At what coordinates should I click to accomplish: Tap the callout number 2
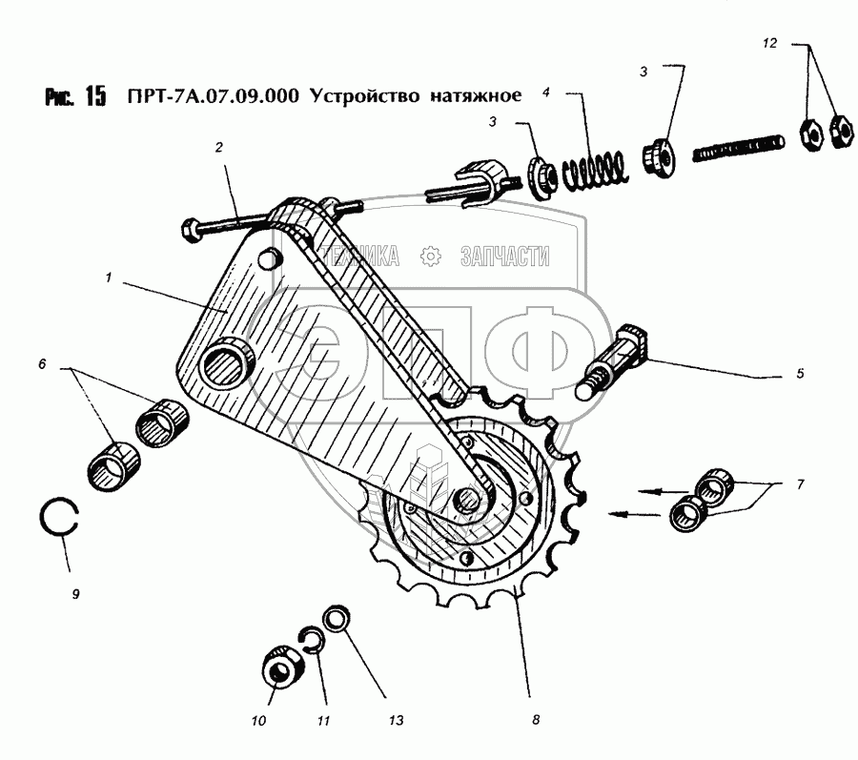(218, 147)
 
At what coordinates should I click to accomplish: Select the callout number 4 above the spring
(546, 92)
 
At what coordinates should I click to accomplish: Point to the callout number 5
(800, 373)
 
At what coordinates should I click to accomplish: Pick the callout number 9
(75, 593)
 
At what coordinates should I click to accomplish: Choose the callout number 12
(771, 42)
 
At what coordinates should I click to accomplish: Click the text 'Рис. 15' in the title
(73, 97)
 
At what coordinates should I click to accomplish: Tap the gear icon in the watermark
(430, 256)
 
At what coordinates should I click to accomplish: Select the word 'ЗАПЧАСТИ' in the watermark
(505, 256)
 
